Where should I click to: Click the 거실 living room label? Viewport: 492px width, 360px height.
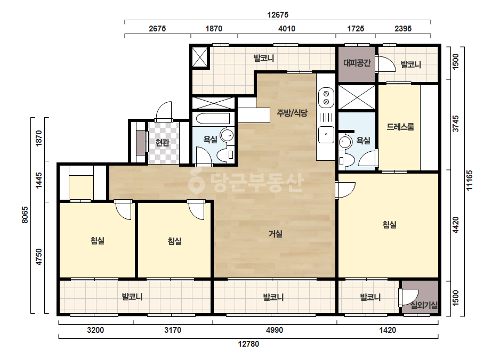click(276, 234)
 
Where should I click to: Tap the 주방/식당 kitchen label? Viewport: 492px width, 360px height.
click(292, 113)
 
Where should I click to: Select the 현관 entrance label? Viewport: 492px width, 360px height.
click(163, 143)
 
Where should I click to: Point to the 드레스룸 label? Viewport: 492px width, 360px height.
click(400, 127)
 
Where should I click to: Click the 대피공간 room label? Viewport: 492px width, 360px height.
click(357, 63)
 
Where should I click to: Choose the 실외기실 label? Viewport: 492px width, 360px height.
click(424, 305)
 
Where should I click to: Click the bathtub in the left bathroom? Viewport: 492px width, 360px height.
click(213, 119)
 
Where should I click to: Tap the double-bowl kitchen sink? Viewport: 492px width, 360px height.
click(326, 98)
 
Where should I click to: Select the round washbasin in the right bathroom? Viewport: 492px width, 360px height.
click(345, 142)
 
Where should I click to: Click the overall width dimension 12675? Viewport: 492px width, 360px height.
click(278, 15)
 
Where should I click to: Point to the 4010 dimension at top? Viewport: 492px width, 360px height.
click(287, 29)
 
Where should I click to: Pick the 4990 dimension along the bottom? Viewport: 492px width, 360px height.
click(275, 330)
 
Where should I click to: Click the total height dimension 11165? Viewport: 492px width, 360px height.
click(470, 181)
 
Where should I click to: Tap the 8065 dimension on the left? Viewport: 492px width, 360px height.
click(25, 215)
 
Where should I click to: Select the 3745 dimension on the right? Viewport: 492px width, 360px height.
click(456, 124)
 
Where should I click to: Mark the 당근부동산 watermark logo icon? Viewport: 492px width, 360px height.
click(196, 181)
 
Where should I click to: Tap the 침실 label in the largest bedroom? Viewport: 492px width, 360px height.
click(390, 225)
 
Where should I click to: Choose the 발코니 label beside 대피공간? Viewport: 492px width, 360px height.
click(411, 64)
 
